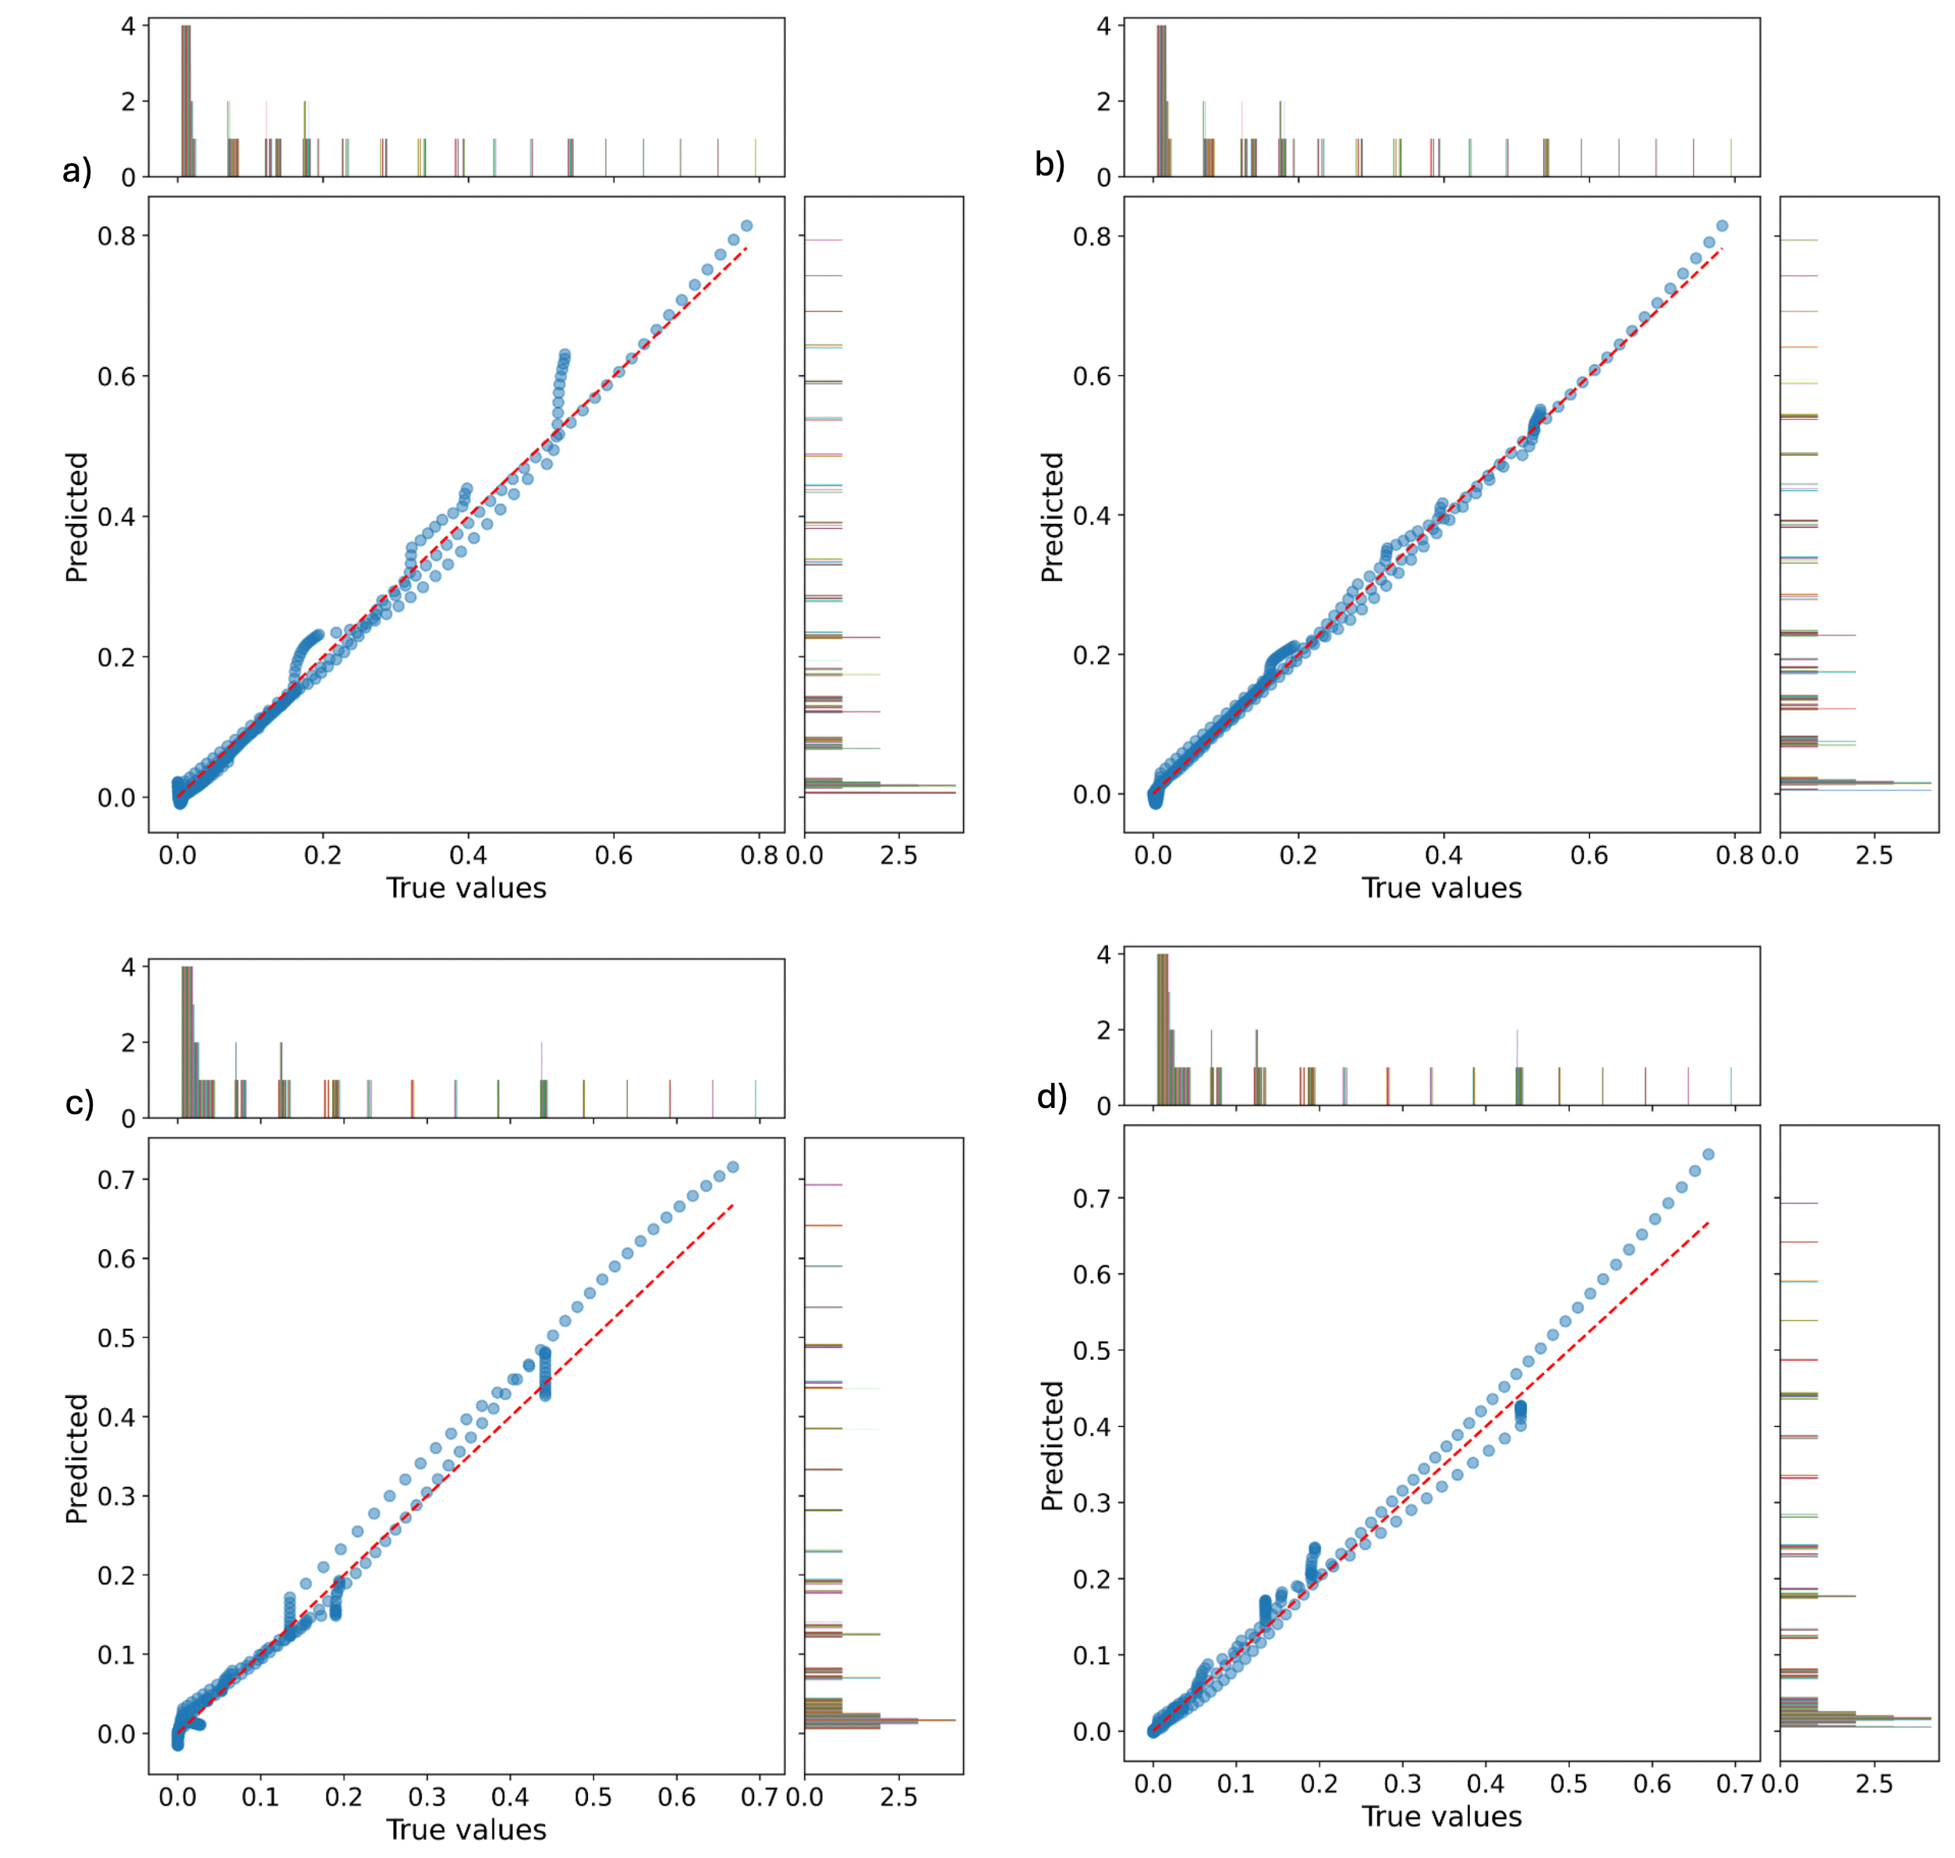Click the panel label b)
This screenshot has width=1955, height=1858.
click(1050, 164)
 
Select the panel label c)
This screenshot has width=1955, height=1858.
click(78, 1102)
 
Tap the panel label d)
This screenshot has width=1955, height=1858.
click(1052, 1096)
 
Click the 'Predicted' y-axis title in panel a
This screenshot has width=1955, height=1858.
click(76, 517)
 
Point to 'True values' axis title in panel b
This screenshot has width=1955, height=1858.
click(1441, 887)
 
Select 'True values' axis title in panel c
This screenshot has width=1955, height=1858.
click(466, 1829)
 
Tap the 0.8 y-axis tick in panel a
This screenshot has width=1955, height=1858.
click(116, 235)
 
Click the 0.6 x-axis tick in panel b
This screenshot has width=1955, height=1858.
click(1588, 855)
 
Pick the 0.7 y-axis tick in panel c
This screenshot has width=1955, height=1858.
click(116, 1180)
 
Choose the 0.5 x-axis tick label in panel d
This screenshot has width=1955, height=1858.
click(1569, 1784)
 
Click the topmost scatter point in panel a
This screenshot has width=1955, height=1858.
click(747, 226)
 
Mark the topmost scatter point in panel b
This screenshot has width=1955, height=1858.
click(1723, 226)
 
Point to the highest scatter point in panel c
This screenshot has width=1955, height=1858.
click(733, 1166)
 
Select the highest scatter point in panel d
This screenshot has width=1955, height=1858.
click(1709, 1154)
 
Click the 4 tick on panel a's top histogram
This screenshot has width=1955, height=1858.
click(128, 26)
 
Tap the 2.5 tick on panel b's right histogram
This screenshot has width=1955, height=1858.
click(1874, 855)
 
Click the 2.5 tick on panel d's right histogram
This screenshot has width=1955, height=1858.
click(1874, 1784)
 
